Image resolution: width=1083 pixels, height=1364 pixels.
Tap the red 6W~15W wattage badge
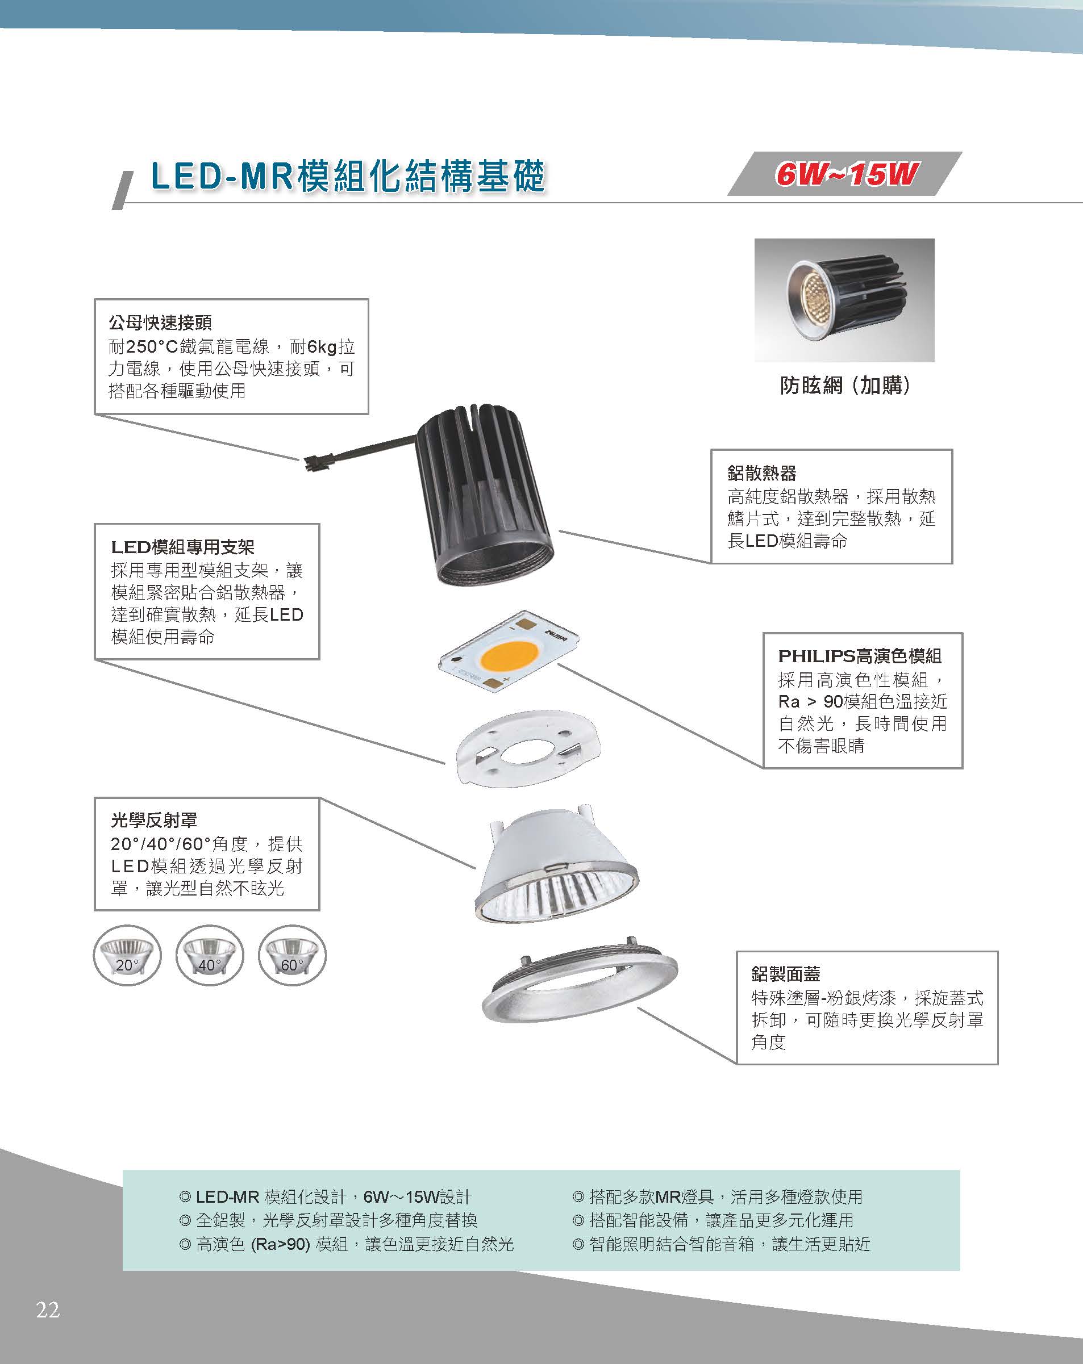tap(845, 174)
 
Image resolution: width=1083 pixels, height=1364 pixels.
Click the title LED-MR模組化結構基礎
tap(348, 176)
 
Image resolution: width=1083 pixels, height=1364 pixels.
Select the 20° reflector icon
tap(127, 955)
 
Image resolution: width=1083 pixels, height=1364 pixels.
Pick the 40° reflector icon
tap(210, 955)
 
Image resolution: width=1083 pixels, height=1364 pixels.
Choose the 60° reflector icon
tap(292, 955)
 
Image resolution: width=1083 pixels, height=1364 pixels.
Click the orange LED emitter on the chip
tap(509, 658)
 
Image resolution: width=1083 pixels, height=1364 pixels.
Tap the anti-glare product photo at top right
tap(844, 300)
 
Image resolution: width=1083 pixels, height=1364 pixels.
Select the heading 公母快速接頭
tap(160, 323)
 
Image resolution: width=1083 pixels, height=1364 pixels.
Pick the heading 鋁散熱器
tap(762, 472)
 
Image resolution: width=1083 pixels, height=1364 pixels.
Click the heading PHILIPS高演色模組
tap(860, 655)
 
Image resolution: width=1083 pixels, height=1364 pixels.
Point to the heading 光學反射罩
tap(154, 820)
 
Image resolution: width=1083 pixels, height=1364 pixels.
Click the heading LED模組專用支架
tap(183, 547)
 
